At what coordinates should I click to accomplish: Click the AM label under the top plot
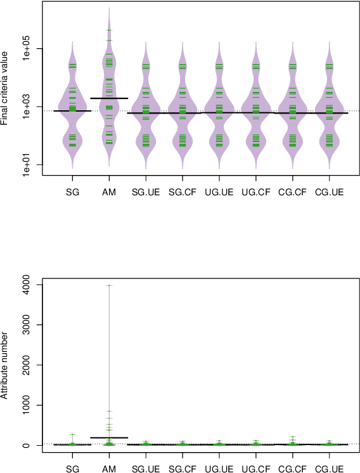[x=109, y=191]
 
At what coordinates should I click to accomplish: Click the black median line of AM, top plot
[x=109, y=98]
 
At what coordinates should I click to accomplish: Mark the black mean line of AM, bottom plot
[x=109, y=437]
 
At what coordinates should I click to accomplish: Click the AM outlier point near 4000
[x=109, y=285]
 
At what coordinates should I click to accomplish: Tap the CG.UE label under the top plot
[x=330, y=191]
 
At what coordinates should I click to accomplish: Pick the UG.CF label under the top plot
[x=256, y=191]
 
